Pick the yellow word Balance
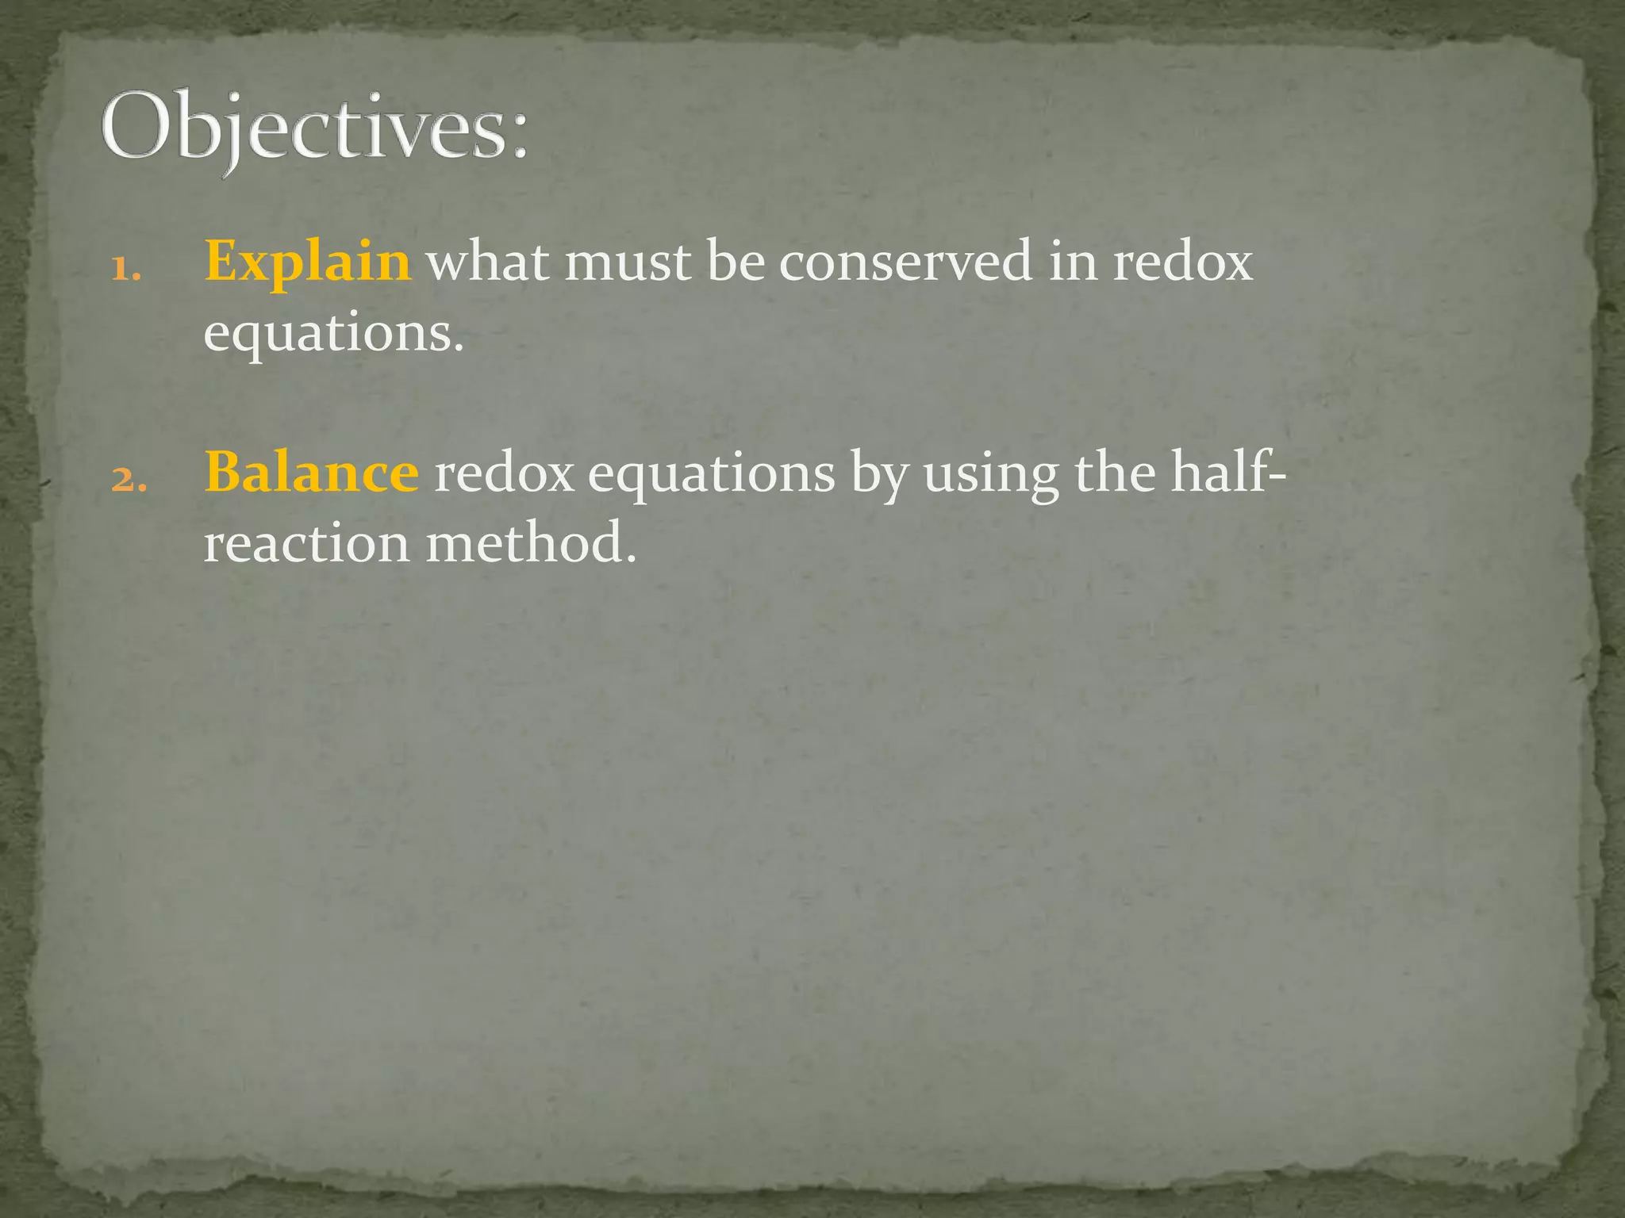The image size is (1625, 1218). (x=311, y=473)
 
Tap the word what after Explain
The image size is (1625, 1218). (x=488, y=262)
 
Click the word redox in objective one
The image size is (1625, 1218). (x=1182, y=262)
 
